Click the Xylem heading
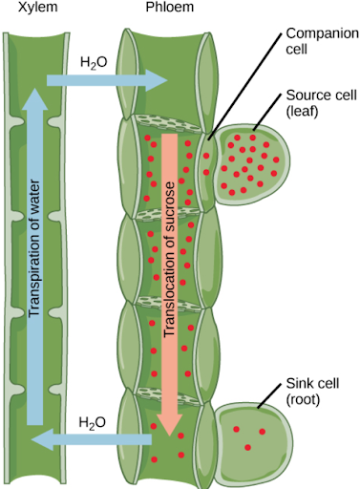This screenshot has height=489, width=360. pos(38,7)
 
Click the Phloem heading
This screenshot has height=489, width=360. pos(170,7)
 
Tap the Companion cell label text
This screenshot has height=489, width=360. pos(322,41)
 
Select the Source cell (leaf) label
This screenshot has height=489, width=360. pos(321,103)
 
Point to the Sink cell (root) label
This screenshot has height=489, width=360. pos(312,392)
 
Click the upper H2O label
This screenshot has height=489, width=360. pos(94,63)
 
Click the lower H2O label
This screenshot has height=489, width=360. pos(92,423)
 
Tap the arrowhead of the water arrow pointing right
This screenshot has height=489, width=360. pos(158,80)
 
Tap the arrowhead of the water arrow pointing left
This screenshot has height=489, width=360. pos(42,439)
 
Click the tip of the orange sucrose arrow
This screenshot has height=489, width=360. pos(170,436)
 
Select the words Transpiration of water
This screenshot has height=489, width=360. pos(34,248)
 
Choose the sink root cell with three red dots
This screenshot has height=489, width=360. pos(253,441)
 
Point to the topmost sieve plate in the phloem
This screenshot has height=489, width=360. pos(167,123)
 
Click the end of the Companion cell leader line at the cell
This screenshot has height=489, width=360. pos(208,139)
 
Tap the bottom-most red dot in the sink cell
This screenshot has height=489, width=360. pos(247,448)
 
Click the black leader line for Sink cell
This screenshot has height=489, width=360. pos(269,395)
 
